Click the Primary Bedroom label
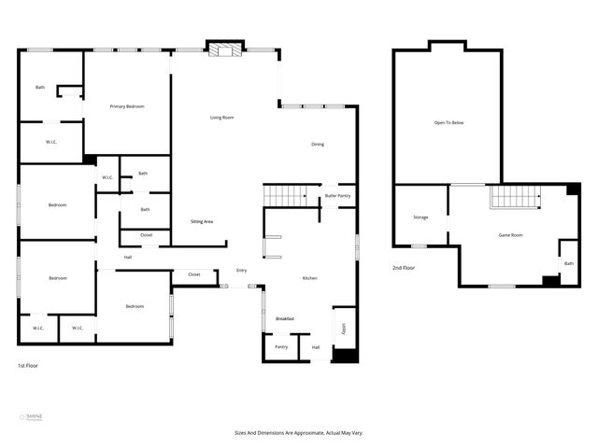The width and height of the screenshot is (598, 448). tap(126, 106)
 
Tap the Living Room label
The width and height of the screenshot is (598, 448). tap(221, 118)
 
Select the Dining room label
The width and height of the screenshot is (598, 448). tap(318, 144)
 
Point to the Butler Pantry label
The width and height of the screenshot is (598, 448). tap(337, 196)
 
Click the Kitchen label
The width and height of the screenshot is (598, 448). tap(309, 278)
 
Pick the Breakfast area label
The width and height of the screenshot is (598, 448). tap(284, 319)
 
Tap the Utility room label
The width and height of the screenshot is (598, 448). tap(343, 329)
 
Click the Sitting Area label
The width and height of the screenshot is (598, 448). tap(202, 221)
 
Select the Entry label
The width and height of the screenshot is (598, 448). tap(242, 271)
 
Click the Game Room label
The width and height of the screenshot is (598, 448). tap(510, 235)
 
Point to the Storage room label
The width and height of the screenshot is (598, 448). tap(420, 217)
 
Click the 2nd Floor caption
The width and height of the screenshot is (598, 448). tap(404, 268)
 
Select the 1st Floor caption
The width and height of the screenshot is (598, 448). tap(29, 365)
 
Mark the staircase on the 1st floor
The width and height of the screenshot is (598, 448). tap(286, 195)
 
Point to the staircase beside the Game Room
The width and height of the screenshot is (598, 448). tap(515, 197)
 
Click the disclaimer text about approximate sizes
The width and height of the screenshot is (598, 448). tap(298, 433)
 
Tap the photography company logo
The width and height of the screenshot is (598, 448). tap(32, 417)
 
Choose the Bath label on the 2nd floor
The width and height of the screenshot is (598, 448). tap(568, 263)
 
